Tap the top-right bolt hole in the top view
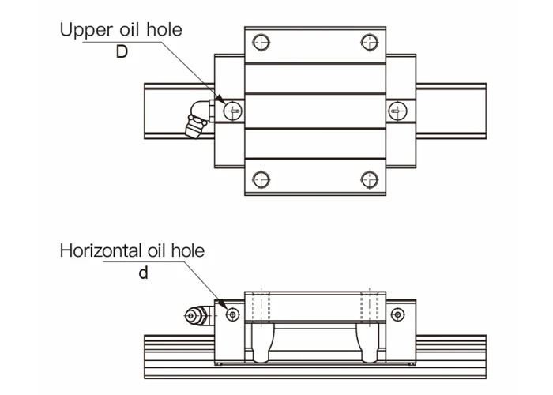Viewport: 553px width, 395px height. pos(367,41)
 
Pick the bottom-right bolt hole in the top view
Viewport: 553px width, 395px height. pos(367,176)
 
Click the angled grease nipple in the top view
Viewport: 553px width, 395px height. pos(197,119)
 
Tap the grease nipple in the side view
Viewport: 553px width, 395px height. pos(196,317)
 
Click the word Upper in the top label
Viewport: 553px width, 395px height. pos(86,31)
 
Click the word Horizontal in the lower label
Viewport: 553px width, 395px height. pos(99,251)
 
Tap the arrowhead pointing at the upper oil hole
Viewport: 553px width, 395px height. pos(221,101)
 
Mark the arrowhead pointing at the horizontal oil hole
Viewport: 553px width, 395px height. pos(224,307)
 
